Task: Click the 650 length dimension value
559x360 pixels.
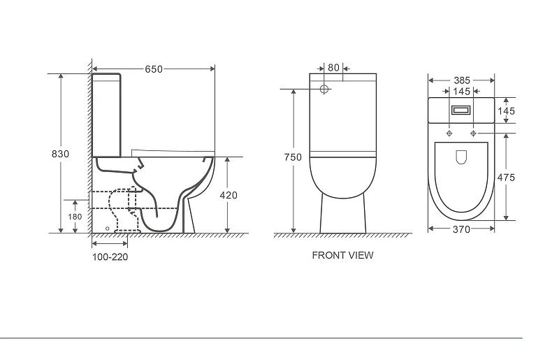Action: click(x=154, y=69)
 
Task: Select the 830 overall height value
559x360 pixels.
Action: click(x=60, y=154)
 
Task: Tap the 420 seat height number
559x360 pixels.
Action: click(x=228, y=195)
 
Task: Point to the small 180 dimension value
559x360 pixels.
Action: click(x=75, y=217)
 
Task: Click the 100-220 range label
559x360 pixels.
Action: click(x=110, y=257)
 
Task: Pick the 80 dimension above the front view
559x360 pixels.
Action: click(x=333, y=68)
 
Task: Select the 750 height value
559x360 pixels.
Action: click(x=293, y=157)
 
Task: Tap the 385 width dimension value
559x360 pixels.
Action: click(x=462, y=80)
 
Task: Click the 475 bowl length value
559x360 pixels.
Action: click(x=506, y=178)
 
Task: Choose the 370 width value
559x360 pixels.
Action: click(x=462, y=229)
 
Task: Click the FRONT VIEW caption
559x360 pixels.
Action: click(x=342, y=255)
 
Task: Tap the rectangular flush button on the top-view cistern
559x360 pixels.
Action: click(x=461, y=110)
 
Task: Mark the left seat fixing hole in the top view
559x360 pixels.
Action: click(x=449, y=134)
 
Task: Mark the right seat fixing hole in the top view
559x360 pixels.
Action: click(x=474, y=134)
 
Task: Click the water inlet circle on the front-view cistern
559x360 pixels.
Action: click(x=324, y=89)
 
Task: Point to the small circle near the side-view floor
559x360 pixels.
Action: click(x=108, y=229)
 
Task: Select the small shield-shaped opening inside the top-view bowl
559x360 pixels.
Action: click(x=461, y=157)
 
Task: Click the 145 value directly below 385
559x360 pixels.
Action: click(x=462, y=92)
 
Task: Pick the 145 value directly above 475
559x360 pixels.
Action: click(x=506, y=111)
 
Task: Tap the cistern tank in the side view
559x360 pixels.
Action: click(x=106, y=115)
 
